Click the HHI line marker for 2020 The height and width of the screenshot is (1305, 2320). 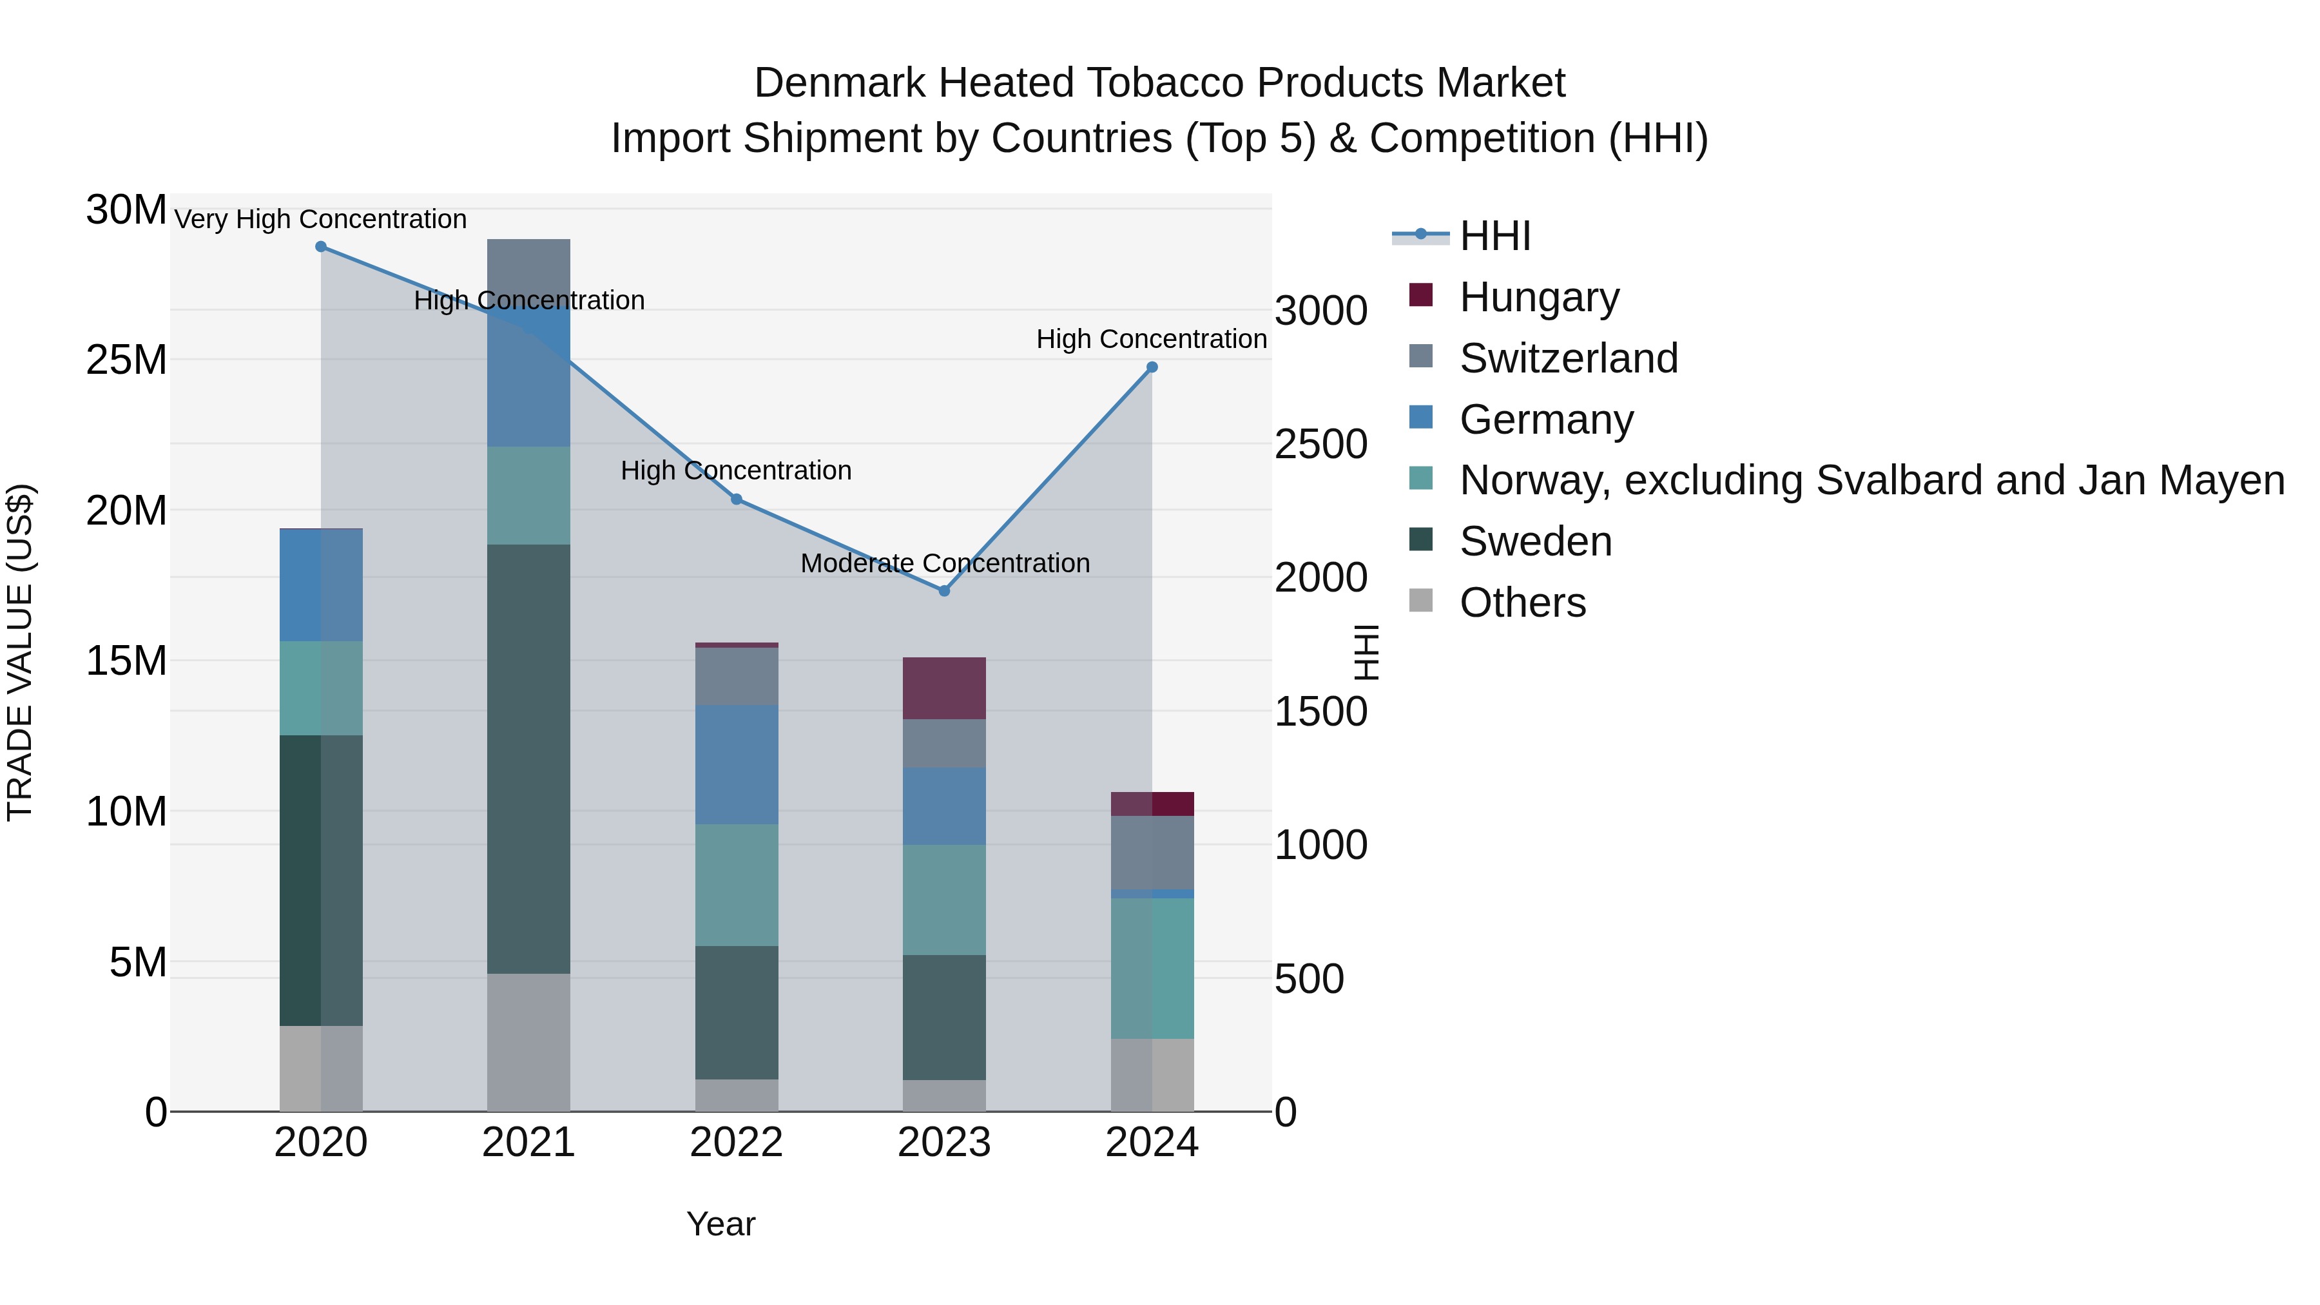coord(321,247)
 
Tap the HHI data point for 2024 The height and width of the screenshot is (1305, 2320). coord(1152,367)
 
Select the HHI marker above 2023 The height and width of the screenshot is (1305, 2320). coord(944,591)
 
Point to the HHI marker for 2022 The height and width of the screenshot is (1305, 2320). coord(736,499)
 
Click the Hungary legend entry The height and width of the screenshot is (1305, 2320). coord(1538,297)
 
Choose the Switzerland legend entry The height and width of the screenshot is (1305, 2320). coord(1568,358)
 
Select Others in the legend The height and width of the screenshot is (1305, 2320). coord(1522,603)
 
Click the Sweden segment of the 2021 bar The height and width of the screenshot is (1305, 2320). coord(528,759)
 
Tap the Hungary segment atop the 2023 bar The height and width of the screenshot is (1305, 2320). coord(944,688)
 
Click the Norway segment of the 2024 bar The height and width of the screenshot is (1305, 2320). coord(1152,968)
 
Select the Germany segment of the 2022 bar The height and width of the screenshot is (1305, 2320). coord(736,764)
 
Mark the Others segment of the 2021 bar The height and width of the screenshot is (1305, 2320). coord(528,1042)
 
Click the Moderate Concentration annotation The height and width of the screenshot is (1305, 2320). coord(945,564)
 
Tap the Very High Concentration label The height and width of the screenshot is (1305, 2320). coord(321,220)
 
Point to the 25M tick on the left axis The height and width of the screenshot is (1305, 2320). coord(126,360)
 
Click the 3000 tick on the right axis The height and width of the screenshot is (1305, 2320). coord(1320,312)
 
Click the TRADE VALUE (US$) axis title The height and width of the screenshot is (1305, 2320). coord(20,652)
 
